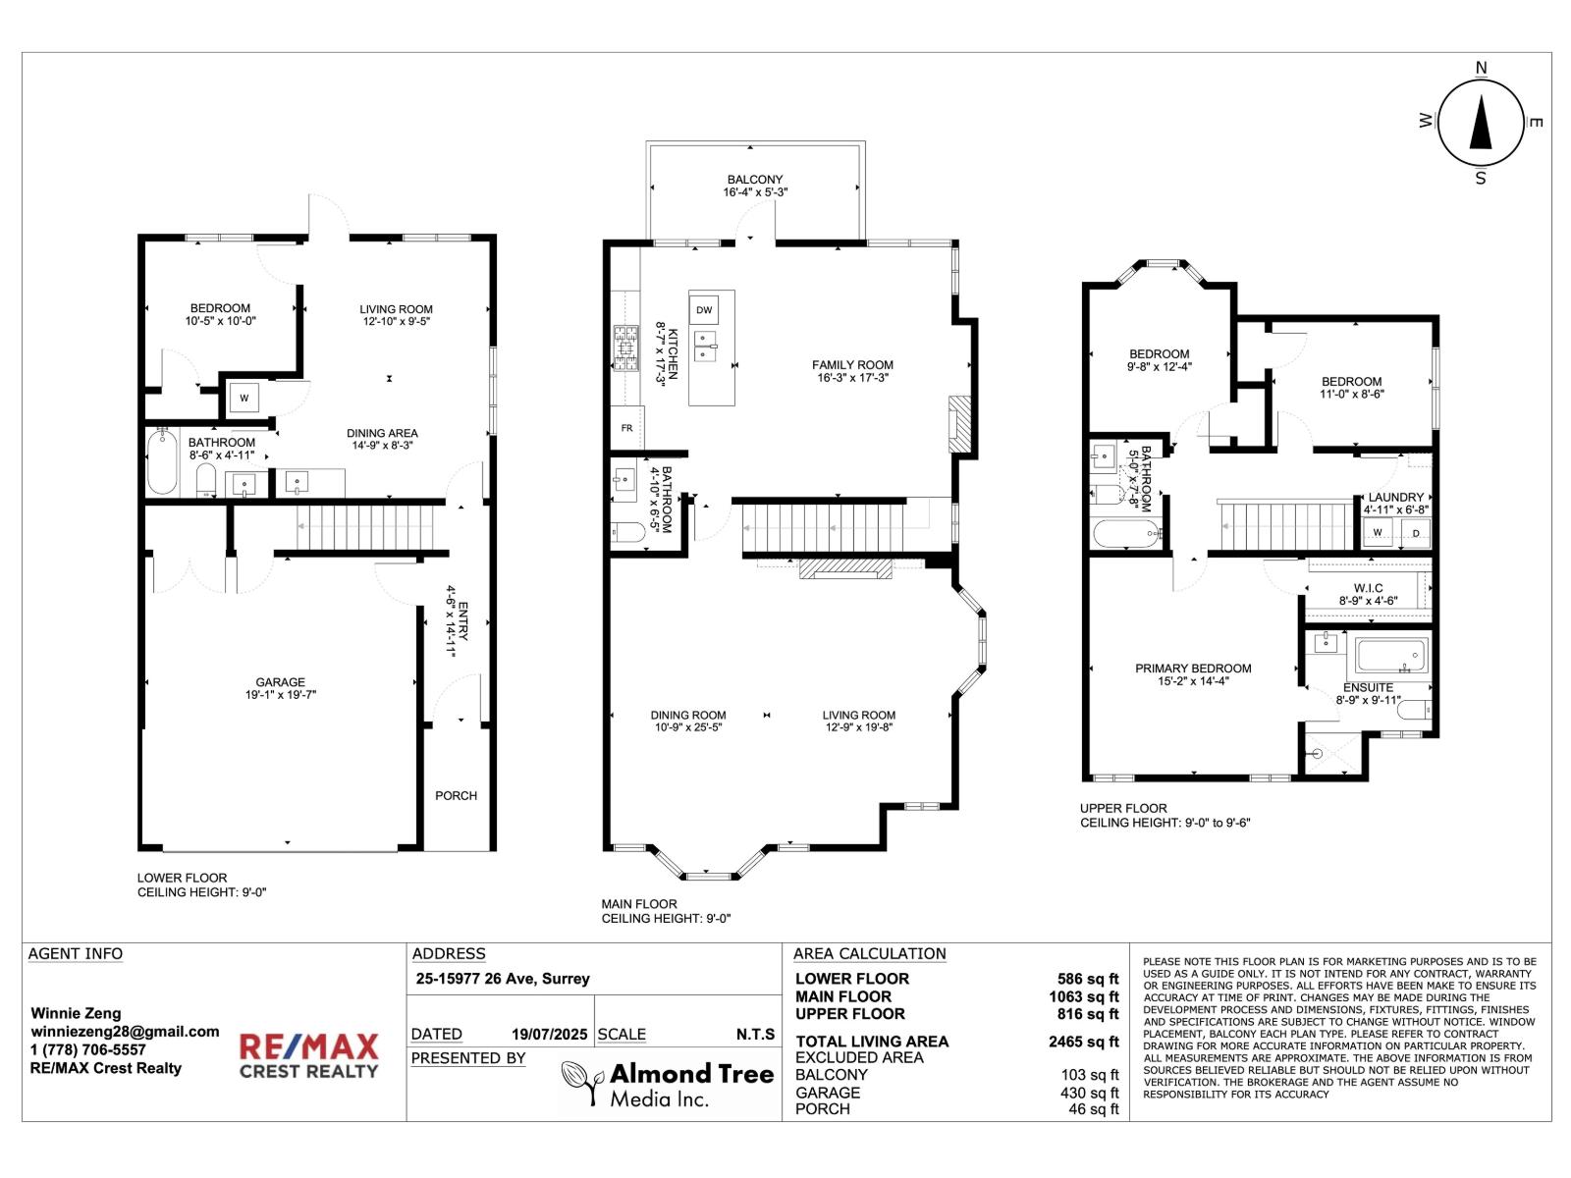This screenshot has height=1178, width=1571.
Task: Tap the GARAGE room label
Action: click(x=281, y=682)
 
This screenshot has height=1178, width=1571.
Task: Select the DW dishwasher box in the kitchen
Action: click(x=704, y=310)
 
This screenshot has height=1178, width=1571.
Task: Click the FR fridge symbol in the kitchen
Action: click(x=626, y=428)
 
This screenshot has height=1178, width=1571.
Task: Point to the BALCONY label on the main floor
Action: click(x=755, y=180)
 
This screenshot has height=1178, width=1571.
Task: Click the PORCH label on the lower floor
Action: click(x=456, y=795)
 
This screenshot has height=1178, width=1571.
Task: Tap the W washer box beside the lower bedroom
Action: click(x=244, y=399)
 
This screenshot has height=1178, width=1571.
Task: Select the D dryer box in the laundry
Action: click(x=1416, y=533)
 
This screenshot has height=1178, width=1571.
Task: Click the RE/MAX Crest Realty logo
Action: click(x=309, y=1055)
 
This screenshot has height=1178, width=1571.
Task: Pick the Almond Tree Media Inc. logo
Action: click(x=668, y=1084)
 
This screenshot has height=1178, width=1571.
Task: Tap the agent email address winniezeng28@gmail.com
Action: click(x=125, y=1031)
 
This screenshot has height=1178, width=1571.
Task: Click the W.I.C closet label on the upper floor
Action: click(x=1368, y=588)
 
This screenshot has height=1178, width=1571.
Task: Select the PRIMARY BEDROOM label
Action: click(x=1193, y=669)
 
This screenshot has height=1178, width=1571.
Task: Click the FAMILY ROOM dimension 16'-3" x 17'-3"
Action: click(x=852, y=377)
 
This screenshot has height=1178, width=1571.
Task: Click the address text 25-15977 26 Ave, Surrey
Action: click(x=503, y=978)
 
